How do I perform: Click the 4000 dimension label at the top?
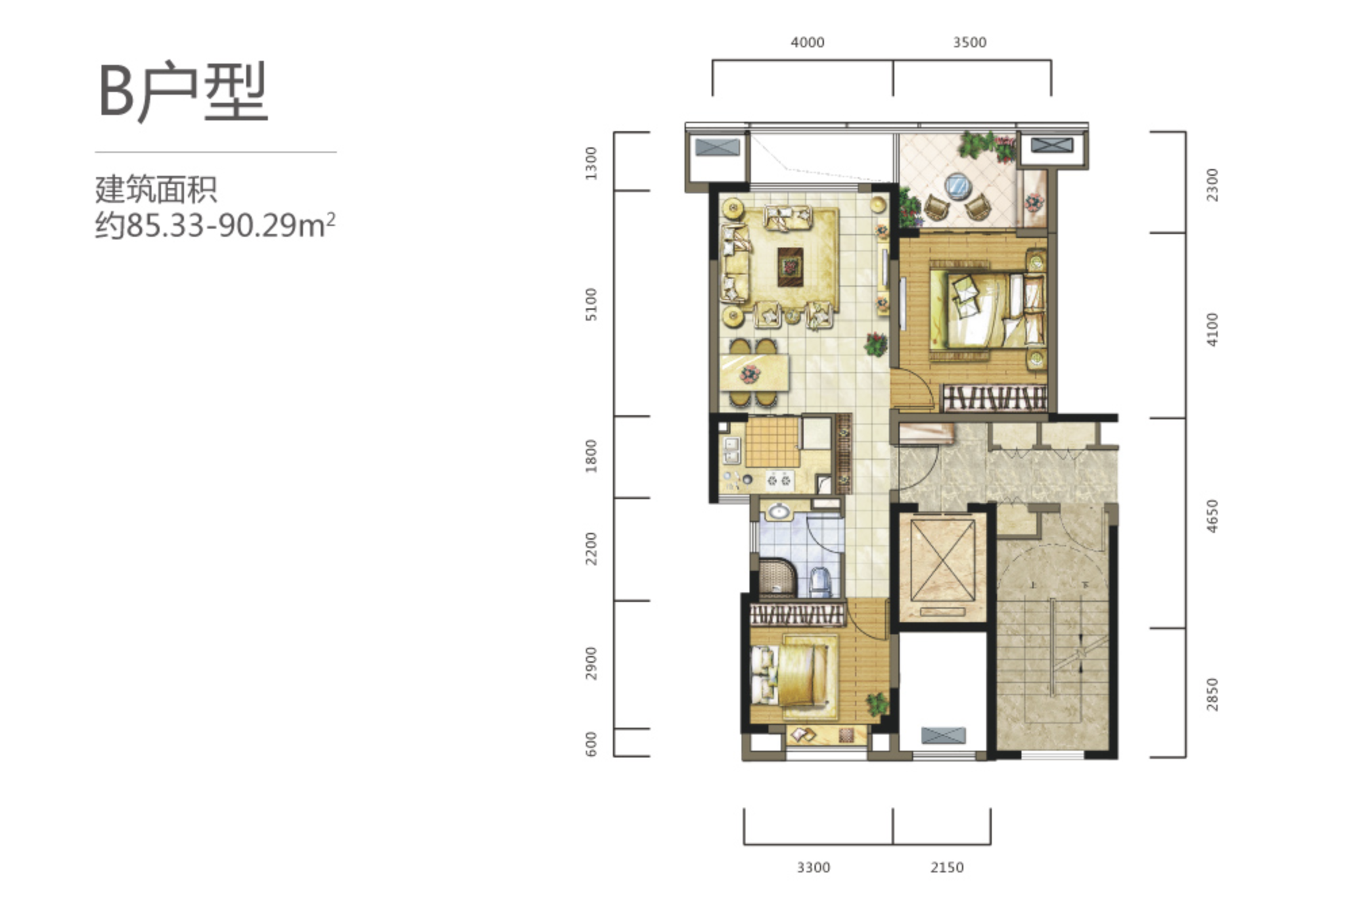[x=807, y=43]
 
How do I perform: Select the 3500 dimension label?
[x=969, y=43]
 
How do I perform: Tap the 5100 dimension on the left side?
[x=591, y=304]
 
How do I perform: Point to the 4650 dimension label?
[x=1212, y=516]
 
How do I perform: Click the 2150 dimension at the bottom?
[x=946, y=867]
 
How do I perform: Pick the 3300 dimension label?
[x=813, y=867]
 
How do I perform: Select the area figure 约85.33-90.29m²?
[x=215, y=225]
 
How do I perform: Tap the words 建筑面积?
[x=156, y=189]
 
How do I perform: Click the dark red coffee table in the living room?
[x=789, y=266]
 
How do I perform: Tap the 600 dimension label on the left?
[x=591, y=744]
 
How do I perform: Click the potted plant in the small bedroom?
[x=877, y=704]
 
